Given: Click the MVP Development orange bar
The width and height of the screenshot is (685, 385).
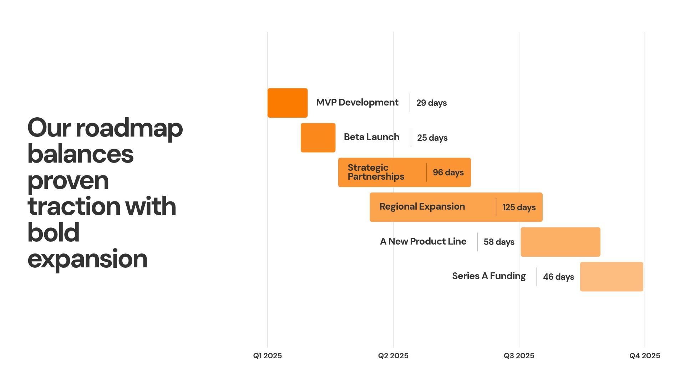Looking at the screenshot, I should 288,103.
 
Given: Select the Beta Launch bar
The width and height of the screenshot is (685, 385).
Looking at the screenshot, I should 318,138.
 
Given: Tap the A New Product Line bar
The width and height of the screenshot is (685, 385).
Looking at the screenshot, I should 560,242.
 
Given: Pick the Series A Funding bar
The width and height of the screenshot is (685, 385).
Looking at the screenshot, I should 611,277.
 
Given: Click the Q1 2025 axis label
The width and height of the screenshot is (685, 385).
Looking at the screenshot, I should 268,355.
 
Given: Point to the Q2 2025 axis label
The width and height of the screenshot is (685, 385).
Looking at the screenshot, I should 393,355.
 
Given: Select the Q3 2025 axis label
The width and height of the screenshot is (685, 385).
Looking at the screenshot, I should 519,355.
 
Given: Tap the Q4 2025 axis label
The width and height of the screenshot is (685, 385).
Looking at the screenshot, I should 644,355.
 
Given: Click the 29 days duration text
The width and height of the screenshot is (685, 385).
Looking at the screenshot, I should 431,103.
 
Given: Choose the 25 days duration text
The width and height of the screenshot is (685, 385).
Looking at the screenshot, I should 432,138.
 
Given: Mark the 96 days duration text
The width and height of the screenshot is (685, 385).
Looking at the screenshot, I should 448,173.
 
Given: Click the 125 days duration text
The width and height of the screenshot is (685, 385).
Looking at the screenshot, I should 519,207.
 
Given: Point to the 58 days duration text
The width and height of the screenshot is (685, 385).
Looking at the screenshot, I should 499,242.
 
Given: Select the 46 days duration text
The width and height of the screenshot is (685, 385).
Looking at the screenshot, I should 558,277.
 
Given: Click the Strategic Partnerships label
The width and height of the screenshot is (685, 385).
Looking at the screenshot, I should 376,172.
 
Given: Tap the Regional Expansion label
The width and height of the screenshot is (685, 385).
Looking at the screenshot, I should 422,207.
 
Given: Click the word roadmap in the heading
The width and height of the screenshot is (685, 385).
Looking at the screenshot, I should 129,128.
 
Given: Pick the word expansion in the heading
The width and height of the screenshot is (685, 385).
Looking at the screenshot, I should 87,259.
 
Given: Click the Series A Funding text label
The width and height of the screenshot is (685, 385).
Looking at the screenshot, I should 489,276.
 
